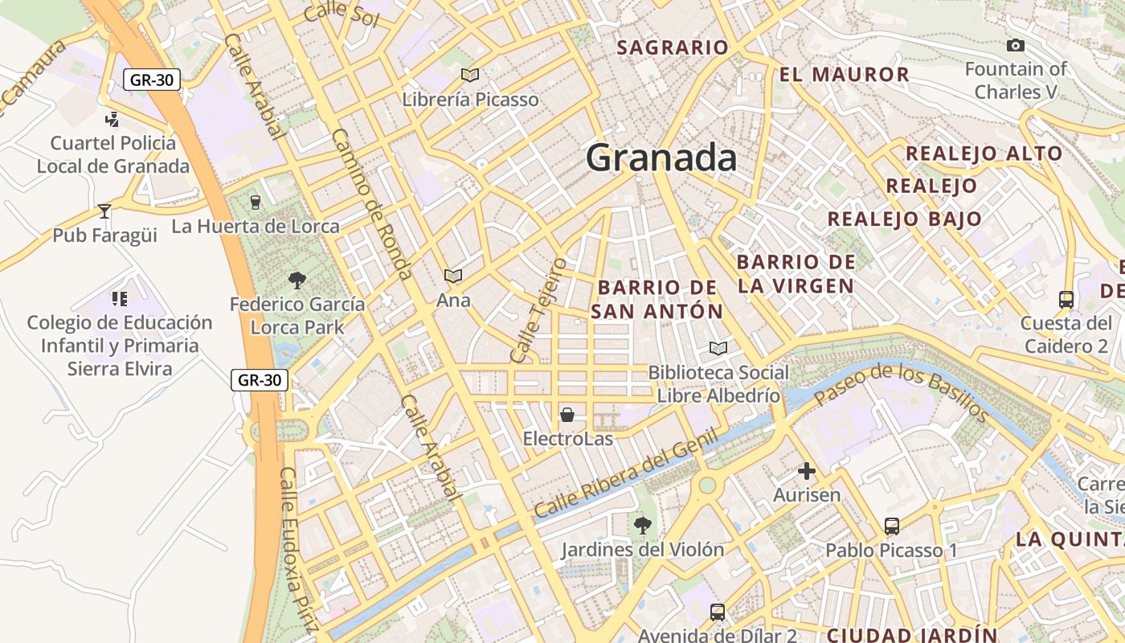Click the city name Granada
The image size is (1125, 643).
pos(661,158)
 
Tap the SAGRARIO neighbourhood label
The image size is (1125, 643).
pos(672,47)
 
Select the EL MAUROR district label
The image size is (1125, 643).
pos(844,75)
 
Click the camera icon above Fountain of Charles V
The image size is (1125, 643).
pos(1015,46)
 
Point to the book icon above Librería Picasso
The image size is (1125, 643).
pos(470,75)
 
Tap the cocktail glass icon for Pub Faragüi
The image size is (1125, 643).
pos(104,211)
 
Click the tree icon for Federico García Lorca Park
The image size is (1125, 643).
pos(297,280)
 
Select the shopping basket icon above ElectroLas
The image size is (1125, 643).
pos(567,415)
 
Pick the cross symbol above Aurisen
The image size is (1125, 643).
pos(807,471)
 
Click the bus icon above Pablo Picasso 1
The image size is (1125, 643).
pos(892,526)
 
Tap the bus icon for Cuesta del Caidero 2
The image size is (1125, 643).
pos(1066,300)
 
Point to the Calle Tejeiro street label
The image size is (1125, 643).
pos(538,310)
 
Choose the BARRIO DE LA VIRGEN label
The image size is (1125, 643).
pos(796,274)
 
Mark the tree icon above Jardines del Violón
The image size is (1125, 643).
pos(642,526)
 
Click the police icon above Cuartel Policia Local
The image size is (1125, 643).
pos(112,120)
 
